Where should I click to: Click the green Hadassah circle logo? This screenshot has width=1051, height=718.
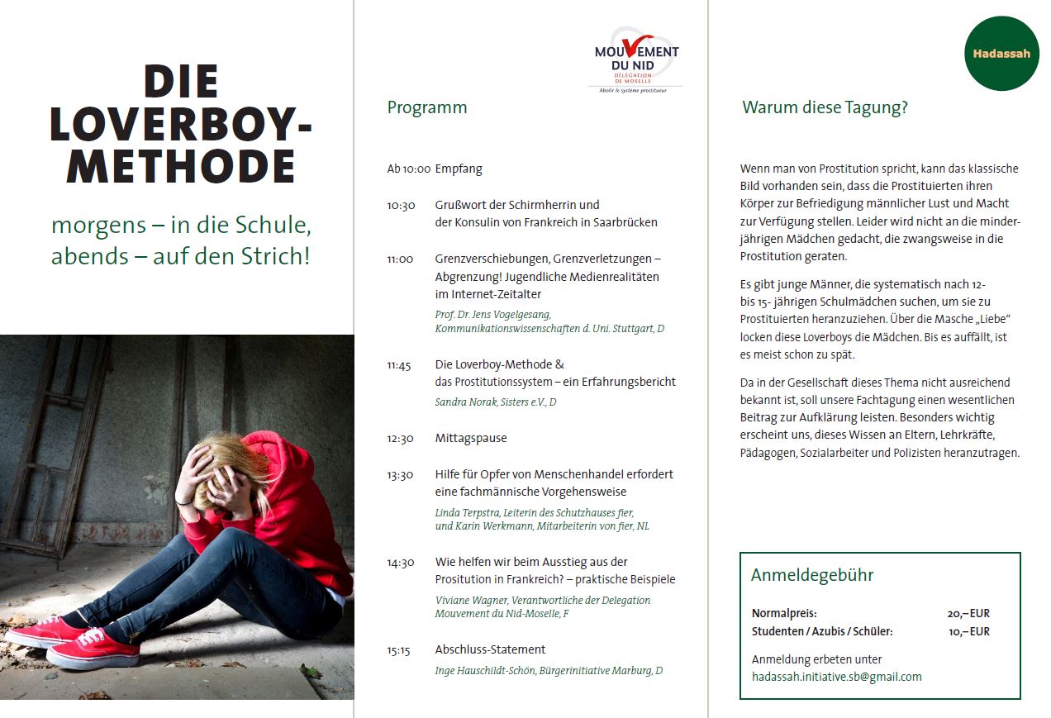click(x=1001, y=54)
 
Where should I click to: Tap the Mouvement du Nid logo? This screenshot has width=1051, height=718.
click(x=635, y=60)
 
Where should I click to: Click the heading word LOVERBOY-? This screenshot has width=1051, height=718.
click(x=181, y=125)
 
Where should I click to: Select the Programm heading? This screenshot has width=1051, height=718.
click(x=426, y=107)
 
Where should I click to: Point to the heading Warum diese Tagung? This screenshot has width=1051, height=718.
click(x=824, y=107)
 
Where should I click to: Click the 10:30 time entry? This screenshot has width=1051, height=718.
click(x=401, y=205)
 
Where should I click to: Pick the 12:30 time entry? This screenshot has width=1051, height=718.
click(x=400, y=438)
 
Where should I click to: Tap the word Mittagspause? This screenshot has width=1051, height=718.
click(x=471, y=438)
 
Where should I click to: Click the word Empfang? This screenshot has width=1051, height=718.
click(x=459, y=169)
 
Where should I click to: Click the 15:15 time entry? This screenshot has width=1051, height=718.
click(x=398, y=650)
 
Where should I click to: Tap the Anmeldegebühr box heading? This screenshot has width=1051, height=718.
click(x=811, y=575)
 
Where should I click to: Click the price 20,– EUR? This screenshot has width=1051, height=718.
click(x=968, y=613)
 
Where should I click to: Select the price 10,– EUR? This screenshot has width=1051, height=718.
click(x=968, y=631)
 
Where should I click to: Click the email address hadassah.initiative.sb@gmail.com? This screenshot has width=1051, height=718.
click(x=836, y=677)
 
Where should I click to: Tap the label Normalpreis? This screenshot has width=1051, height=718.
click(x=784, y=613)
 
